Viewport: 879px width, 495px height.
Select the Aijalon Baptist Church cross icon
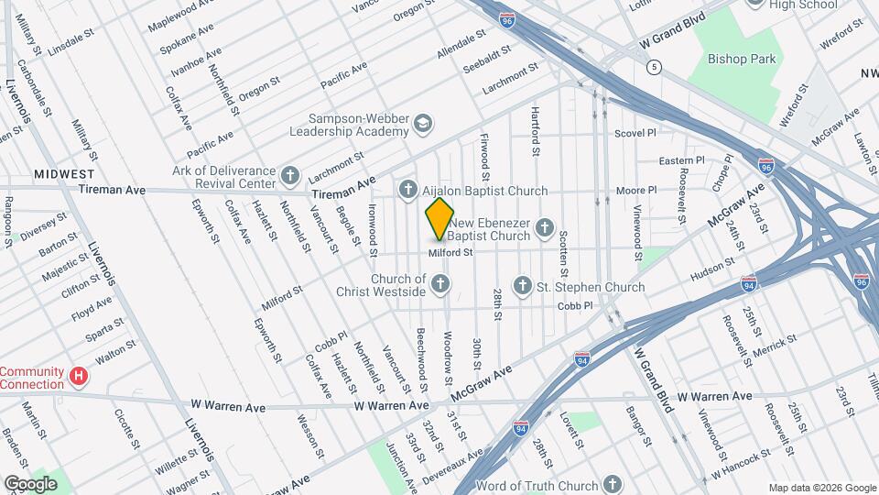(408, 190)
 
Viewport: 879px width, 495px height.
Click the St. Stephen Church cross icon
(523, 286)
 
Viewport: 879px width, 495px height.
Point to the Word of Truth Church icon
(612, 484)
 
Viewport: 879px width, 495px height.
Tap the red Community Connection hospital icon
(80, 376)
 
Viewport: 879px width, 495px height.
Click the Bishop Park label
(741, 59)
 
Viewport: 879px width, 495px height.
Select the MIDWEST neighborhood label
(65, 173)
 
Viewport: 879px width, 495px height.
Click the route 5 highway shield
(654, 67)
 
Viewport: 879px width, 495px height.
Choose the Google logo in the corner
(30, 483)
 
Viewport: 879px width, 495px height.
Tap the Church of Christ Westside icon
(440, 285)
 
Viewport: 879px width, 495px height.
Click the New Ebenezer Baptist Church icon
(545, 227)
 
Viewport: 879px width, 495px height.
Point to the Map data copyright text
(821, 487)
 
